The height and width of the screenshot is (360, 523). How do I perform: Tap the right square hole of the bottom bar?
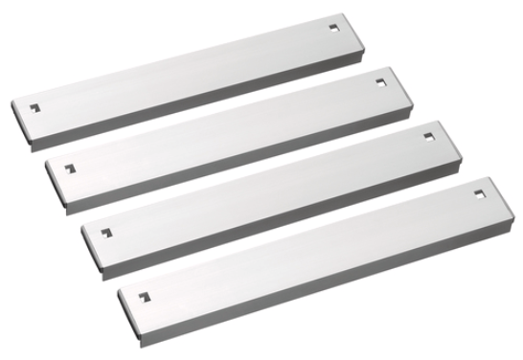[479, 194]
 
